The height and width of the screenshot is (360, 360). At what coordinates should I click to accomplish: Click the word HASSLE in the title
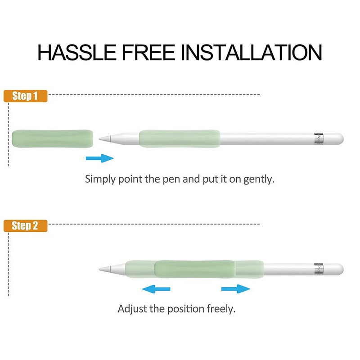[x=77, y=52]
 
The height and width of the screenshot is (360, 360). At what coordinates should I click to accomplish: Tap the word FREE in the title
[x=148, y=52]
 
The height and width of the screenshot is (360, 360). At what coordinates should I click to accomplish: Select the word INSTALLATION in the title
[x=252, y=52]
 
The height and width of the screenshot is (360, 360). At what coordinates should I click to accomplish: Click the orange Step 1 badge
[x=25, y=96]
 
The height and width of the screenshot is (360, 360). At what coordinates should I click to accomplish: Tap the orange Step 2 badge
[x=25, y=226]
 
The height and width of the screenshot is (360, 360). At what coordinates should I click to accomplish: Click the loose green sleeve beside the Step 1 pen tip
[x=53, y=139]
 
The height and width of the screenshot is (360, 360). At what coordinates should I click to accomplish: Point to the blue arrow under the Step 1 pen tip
[x=99, y=158]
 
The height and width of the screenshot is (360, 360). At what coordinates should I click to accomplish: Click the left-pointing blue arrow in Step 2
[x=156, y=289]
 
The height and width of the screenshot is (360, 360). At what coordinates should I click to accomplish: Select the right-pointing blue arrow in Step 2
[x=235, y=288]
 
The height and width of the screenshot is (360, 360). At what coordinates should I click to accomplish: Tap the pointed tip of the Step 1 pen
[x=99, y=139]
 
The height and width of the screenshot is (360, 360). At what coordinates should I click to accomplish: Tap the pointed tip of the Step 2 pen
[x=99, y=269]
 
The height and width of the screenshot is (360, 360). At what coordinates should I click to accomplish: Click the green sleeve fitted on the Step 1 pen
[x=180, y=139]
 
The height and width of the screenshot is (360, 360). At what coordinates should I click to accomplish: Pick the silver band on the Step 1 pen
[x=319, y=139]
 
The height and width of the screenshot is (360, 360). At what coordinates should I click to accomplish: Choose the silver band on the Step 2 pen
[x=319, y=269]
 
